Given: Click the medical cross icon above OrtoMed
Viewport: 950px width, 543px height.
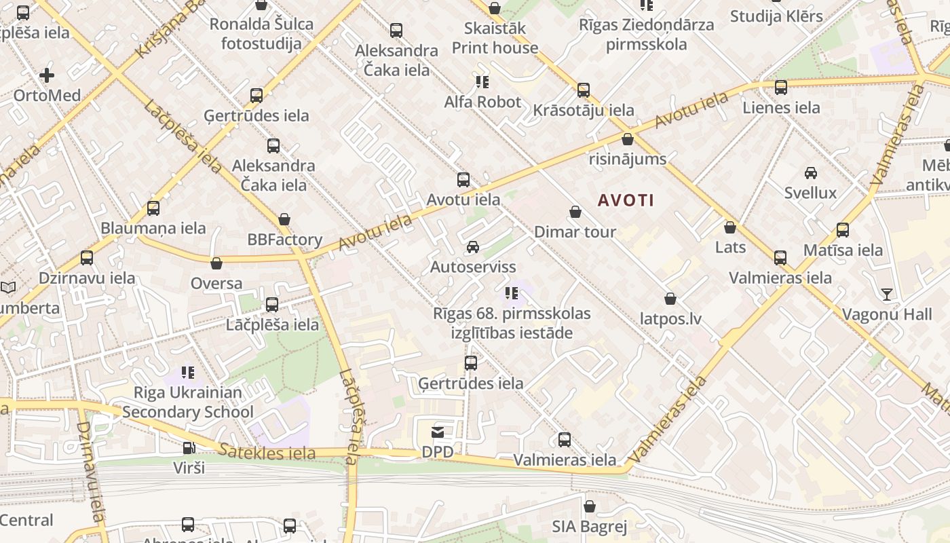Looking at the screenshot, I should (x=47, y=75).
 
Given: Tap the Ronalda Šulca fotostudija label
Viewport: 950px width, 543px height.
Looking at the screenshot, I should (x=261, y=34).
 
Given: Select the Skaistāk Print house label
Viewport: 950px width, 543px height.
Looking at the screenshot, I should (x=495, y=38).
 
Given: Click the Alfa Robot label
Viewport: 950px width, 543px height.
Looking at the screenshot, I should (x=482, y=102).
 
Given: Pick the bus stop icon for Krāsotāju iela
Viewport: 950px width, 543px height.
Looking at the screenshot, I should (x=583, y=90).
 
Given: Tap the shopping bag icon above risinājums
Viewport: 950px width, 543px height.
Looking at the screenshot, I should (x=628, y=140).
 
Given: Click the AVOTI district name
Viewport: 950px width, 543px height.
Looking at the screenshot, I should (x=626, y=200).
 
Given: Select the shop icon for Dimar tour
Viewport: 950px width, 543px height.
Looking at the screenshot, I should (x=575, y=212).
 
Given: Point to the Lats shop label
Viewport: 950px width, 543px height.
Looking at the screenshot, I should (x=730, y=247).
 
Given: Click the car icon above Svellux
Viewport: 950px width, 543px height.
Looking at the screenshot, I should (x=810, y=173).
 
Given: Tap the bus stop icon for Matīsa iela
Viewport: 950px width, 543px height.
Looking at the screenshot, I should (x=843, y=230).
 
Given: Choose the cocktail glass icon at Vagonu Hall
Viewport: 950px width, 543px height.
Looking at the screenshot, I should (x=886, y=295).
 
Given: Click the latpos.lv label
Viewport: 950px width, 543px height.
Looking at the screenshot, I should (x=670, y=318).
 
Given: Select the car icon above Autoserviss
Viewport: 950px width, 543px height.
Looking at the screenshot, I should (x=473, y=247).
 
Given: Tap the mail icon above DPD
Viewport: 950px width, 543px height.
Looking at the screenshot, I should (x=438, y=432).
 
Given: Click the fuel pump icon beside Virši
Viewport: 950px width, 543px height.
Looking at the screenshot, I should (x=189, y=448).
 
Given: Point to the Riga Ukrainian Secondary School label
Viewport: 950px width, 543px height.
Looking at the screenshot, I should (x=188, y=402).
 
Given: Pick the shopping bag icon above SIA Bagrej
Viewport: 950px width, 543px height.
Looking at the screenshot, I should (x=589, y=506).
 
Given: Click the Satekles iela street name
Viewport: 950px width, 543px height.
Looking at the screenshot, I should (x=267, y=452).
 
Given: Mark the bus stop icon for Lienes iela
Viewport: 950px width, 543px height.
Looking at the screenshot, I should (x=781, y=88).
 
